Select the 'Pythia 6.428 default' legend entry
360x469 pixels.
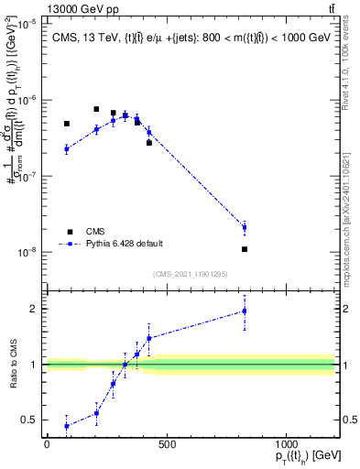pos(124,244)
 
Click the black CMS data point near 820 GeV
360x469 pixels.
pos(245,249)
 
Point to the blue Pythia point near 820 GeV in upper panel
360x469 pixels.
pos(245,227)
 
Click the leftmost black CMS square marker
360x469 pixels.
pos(67,124)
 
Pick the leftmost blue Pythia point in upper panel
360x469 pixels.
pos(67,148)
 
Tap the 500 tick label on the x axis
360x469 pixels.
pos(167,445)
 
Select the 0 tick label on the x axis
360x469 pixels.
pos(47,445)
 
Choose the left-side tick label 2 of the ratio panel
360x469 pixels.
pos(33,309)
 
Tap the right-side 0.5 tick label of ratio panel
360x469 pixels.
pos(349,420)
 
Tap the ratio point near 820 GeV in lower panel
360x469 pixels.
pos(245,311)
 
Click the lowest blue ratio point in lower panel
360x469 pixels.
pos(67,426)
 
